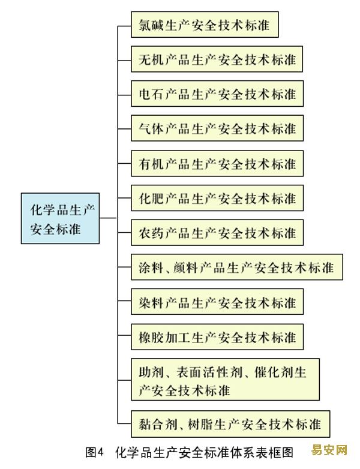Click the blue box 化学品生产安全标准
pos(60,218)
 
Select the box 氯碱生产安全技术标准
pos(205,25)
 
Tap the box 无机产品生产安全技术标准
pos(217,59)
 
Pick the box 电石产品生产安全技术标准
pos(217,94)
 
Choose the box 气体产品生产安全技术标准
pos(217,128)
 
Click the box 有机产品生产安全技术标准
pos(217,163)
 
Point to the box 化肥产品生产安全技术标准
pos(217,198)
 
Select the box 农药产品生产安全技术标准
pos(217,233)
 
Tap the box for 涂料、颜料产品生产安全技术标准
pos(237,267)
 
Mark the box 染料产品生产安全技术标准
pos(217,302)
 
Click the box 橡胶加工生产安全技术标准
pos(217,337)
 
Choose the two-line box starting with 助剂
pos(225,380)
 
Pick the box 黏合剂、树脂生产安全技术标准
pos(230,424)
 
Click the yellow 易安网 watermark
pos(329,450)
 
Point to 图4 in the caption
pos(94,452)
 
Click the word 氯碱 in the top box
pos(151,25)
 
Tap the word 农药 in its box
pos(151,233)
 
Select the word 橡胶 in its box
pos(151,337)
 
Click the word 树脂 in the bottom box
pos(200,424)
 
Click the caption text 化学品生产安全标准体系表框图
pos(204,452)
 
